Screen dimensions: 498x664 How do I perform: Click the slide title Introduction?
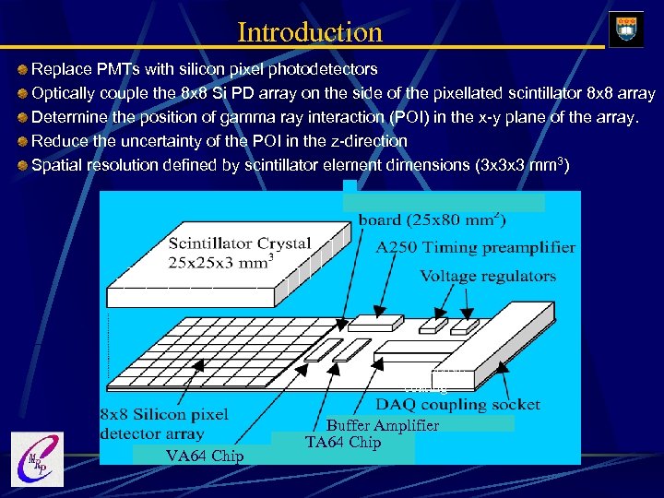(x=309, y=32)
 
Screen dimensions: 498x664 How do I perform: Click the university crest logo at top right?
(x=626, y=30)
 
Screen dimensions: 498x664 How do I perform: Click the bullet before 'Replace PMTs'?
(x=22, y=70)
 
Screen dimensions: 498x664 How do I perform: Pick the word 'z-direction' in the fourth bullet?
(x=364, y=141)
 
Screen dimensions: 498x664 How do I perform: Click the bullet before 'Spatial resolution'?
(x=22, y=166)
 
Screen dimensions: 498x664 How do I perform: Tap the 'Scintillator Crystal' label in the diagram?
(x=239, y=244)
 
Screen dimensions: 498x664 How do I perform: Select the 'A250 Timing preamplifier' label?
(x=475, y=247)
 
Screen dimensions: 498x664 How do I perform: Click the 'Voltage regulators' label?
(x=488, y=276)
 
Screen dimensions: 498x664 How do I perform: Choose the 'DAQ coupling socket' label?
(x=457, y=404)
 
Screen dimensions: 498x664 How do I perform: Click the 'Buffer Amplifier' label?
(x=383, y=425)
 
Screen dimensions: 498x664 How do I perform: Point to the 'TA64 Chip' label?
(x=342, y=443)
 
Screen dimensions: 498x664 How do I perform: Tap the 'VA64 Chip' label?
(x=205, y=456)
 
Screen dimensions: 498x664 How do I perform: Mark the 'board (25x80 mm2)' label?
(x=432, y=219)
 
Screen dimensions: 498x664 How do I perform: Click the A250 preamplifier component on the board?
(x=376, y=322)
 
